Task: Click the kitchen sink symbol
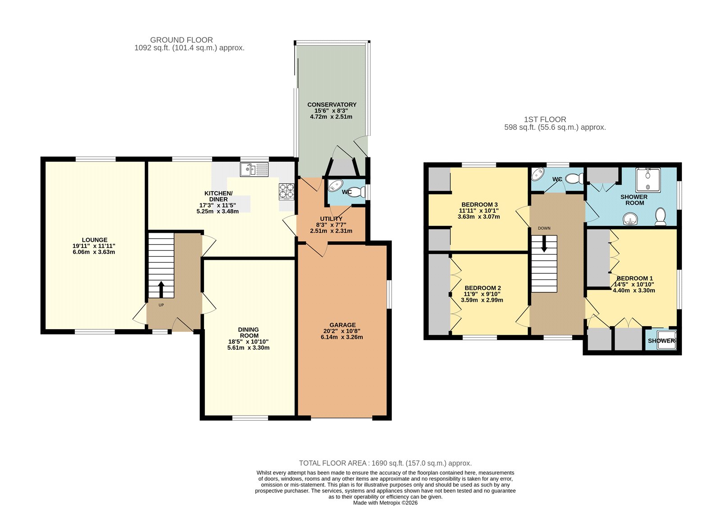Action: [x=255, y=170]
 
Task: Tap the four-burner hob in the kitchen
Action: [x=287, y=192]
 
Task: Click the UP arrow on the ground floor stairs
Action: [x=161, y=290]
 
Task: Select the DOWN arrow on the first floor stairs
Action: [x=544, y=244]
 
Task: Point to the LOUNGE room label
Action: [x=94, y=240]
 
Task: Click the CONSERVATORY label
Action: [x=332, y=105]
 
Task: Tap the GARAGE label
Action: [x=342, y=325]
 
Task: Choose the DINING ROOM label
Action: [x=249, y=332]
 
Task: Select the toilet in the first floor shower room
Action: [x=661, y=216]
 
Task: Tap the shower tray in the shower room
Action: [x=648, y=180]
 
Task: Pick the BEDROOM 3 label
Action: [x=480, y=205]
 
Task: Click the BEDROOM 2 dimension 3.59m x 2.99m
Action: [x=482, y=300]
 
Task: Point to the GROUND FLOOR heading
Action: [x=181, y=40]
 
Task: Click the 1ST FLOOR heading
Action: [x=545, y=120]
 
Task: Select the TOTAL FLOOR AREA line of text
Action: [x=385, y=463]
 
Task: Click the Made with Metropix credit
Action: [x=385, y=503]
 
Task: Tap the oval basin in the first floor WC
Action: [x=537, y=175]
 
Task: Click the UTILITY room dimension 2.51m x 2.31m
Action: [x=331, y=231]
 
